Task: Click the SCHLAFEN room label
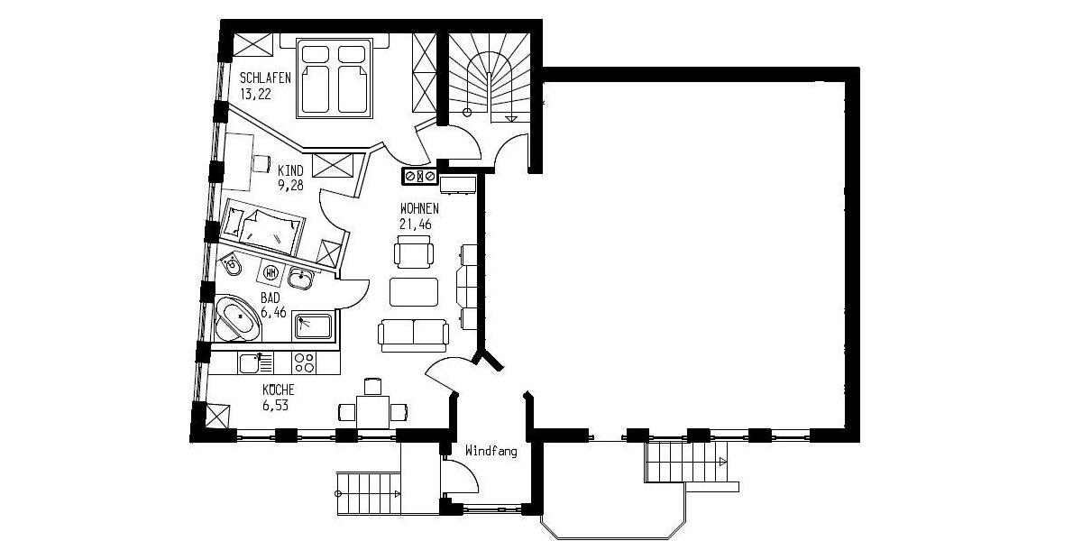[x=265, y=78]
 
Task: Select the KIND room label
[x=290, y=170]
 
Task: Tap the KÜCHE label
[x=279, y=390]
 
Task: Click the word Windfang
[x=491, y=450]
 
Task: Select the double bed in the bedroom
[x=335, y=79]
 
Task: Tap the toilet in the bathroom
[x=231, y=266]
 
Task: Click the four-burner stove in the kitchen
[x=305, y=363]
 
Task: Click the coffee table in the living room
[x=414, y=292]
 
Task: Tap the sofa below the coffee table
[x=414, y=335]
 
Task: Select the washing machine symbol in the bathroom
[x=271, y=270]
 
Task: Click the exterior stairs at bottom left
[x=369, y=493]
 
